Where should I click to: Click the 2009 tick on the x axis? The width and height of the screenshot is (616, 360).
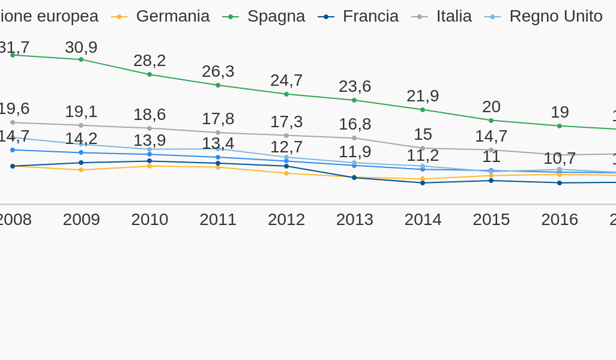tap(81, 220)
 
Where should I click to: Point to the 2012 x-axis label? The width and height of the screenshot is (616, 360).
tap(286, 220)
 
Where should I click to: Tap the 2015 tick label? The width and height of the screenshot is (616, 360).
tap(491, 220)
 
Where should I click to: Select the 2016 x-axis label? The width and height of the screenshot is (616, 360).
tap(560, 220)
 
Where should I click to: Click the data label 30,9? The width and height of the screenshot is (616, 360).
tap(81, 47)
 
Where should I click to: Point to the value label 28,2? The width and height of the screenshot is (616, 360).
tap(149, 61)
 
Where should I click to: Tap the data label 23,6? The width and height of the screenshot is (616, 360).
tap(355, 86)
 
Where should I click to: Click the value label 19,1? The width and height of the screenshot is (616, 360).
tap(81, 112)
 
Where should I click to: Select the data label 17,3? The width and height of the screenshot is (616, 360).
tap(286, 122)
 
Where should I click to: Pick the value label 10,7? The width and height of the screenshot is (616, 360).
tap(560, 158)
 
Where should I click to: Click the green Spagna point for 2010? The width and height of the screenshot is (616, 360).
tap(149, 74)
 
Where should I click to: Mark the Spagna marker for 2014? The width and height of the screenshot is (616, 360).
tap(423, 110)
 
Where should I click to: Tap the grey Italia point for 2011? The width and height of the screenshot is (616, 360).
tap(218, 133)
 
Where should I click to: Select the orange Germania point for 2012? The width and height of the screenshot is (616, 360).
tap(286, 173)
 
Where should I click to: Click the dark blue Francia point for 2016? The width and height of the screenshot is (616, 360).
tap(560, 183)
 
